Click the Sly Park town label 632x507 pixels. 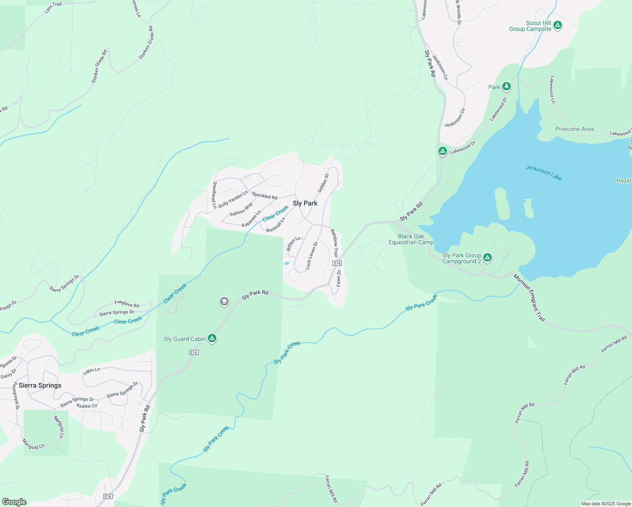point(305,203)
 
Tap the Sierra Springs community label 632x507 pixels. point(40,385)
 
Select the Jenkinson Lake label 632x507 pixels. point(543,172)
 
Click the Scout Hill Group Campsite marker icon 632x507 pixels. point(558,26)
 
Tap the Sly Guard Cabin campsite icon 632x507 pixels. point(212,338)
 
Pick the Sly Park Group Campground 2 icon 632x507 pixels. point(487,258)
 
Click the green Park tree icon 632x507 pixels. point(507,87)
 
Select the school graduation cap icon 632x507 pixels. point(224,302)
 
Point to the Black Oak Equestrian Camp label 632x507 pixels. point(411,240)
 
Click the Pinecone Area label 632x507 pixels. point(574,129)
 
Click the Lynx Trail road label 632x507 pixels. point(53,8)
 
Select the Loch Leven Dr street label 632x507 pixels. point(311,256)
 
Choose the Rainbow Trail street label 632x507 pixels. point(334,243)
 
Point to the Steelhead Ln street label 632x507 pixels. point(215,195)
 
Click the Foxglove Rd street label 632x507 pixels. point(126,304)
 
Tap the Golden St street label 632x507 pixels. point(323,183)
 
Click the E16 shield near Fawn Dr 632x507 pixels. point(337,263)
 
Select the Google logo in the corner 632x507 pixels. point(14,502)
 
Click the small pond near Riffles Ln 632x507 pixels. point(286,263)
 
